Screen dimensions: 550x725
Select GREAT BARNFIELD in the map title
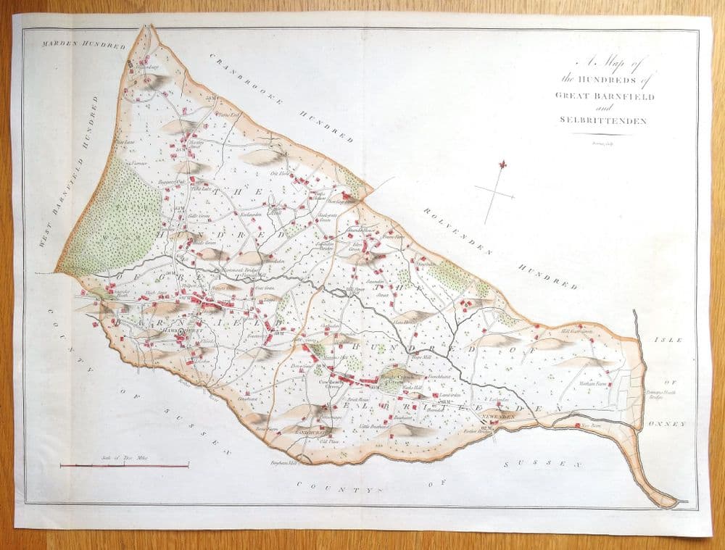click(605, 96)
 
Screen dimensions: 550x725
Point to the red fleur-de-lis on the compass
click(502, 165)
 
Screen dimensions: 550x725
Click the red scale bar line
click(124, 465)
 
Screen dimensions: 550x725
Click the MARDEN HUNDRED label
click(74, 45)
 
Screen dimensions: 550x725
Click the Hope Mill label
click(421, 357)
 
